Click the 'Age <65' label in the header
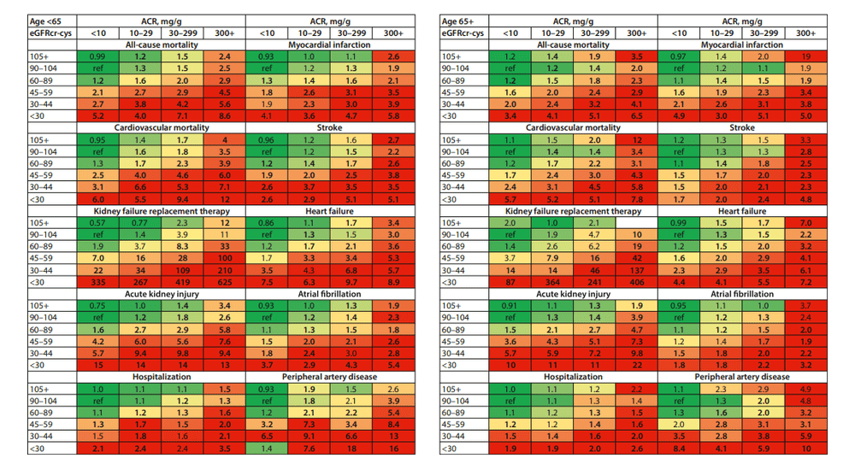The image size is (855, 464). click(26, 19)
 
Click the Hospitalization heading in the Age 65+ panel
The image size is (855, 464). click(574, 376)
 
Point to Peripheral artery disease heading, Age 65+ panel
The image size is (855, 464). click(741, 376)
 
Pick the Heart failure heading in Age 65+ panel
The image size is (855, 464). click(741, 210)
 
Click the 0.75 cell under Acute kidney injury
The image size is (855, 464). click(97, 304)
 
